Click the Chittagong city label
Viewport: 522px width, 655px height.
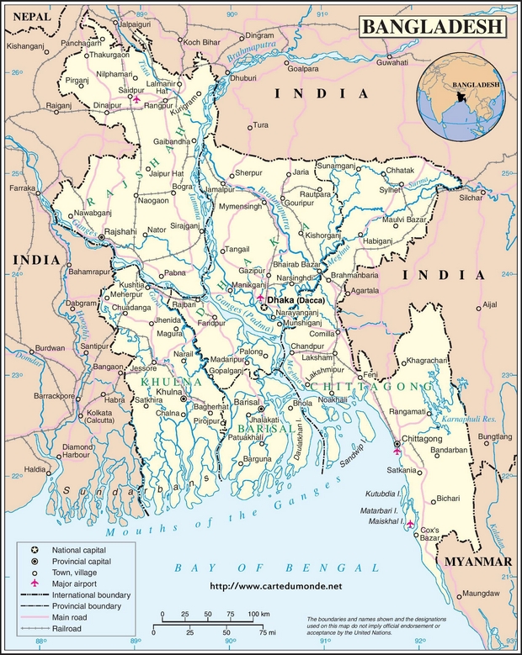click(x=422, y=439)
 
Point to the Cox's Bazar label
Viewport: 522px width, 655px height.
click(x=432, y=533)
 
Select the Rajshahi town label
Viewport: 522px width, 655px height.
click(x=119, y=230)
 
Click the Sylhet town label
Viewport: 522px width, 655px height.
click(x=389, y=190)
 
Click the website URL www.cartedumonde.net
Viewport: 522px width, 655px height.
click(x=275, y=585)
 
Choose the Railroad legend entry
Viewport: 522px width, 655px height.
click(x=67, y=628)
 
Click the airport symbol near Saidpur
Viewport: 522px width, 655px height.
click(x=136, y=98)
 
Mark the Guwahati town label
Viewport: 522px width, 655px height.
click(x=392, y=62)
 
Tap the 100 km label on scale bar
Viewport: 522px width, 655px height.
click(x=261, y=614)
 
